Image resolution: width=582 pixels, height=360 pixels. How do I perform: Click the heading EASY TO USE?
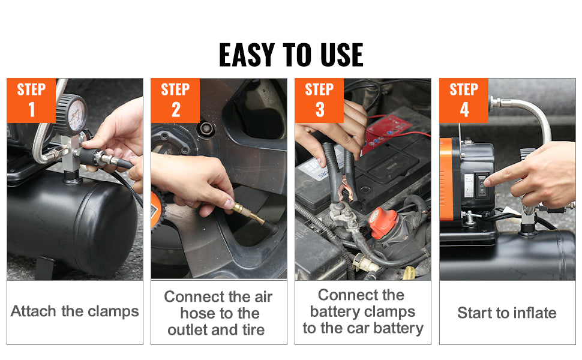[x=291, y=55]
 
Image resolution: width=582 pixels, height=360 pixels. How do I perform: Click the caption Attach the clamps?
[x=75, y=311]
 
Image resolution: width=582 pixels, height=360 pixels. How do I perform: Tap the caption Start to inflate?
[x=507, y=313]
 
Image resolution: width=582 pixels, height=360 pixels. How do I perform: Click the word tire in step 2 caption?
[x=251, y=329]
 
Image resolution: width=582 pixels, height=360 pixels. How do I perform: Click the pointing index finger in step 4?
[x=498, y=177]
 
